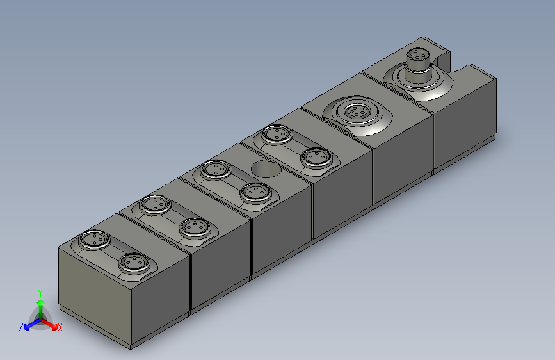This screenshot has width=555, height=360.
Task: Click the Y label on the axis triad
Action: [x=40, y=292]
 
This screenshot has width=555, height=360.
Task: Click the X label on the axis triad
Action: [x=60, y=327]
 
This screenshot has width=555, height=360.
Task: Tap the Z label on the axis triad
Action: [x=21, y=327]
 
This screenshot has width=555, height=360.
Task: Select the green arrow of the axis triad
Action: [x=40, y=306]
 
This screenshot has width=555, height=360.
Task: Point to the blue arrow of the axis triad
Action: [x=31, y=323]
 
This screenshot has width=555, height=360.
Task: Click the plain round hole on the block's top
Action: [x=264, y=169]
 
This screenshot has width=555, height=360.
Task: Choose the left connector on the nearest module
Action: [x=95, y=239]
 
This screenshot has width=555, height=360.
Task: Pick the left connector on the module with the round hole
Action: [x=216, y=169]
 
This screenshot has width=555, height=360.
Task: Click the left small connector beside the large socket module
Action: [x=277, y=134]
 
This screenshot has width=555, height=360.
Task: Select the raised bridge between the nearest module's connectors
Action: [x=114, y=251]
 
